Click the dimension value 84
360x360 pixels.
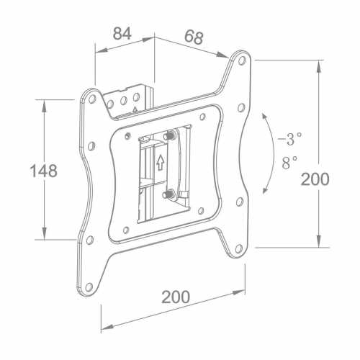122,34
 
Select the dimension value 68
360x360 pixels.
194,37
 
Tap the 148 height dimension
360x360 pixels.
44,171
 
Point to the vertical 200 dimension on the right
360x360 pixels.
315,179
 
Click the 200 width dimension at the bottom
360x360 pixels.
176,297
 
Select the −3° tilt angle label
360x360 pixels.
289,139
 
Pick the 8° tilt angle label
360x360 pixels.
289,163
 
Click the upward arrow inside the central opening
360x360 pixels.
160,162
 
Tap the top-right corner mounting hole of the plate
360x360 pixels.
242,60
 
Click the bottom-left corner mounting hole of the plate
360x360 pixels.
89,287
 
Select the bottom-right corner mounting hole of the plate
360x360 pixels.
238,249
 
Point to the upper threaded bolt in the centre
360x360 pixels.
170,136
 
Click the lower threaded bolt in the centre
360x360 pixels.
168,194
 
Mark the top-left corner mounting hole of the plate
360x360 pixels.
92,99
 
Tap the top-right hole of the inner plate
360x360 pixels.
202,117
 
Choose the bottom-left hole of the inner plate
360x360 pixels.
126,230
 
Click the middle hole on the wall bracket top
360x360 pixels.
123,101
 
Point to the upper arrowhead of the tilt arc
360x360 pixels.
264,117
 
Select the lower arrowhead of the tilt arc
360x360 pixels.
265,190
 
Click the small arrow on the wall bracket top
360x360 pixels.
135,110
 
